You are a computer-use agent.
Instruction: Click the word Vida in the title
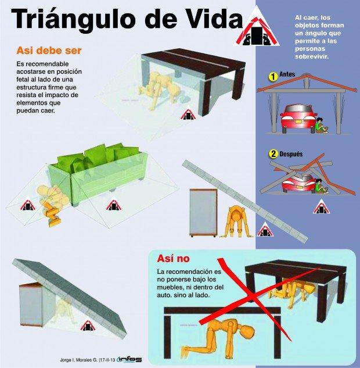pos(211,18)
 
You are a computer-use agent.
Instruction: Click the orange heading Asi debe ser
pos(49,51)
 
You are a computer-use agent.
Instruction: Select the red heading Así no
pos(173,259)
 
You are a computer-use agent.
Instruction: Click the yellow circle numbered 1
pos(272,77)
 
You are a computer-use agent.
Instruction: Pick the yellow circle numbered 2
pos(273,154)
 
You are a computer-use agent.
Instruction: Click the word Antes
pos(287,74)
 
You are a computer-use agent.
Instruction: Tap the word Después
pos(291,154)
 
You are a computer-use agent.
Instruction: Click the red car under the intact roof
pos(298,119)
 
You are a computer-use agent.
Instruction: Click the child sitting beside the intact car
pos(321,126)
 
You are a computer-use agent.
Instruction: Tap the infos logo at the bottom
pos(129,359)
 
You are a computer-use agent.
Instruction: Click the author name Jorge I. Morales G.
pos(78,360)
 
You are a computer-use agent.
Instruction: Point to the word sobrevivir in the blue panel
pos(312,56)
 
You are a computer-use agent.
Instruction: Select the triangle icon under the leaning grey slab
pos(88,326)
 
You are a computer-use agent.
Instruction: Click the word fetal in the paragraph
pos(23,79)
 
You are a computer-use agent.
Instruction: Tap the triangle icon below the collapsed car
pos(321,206)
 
